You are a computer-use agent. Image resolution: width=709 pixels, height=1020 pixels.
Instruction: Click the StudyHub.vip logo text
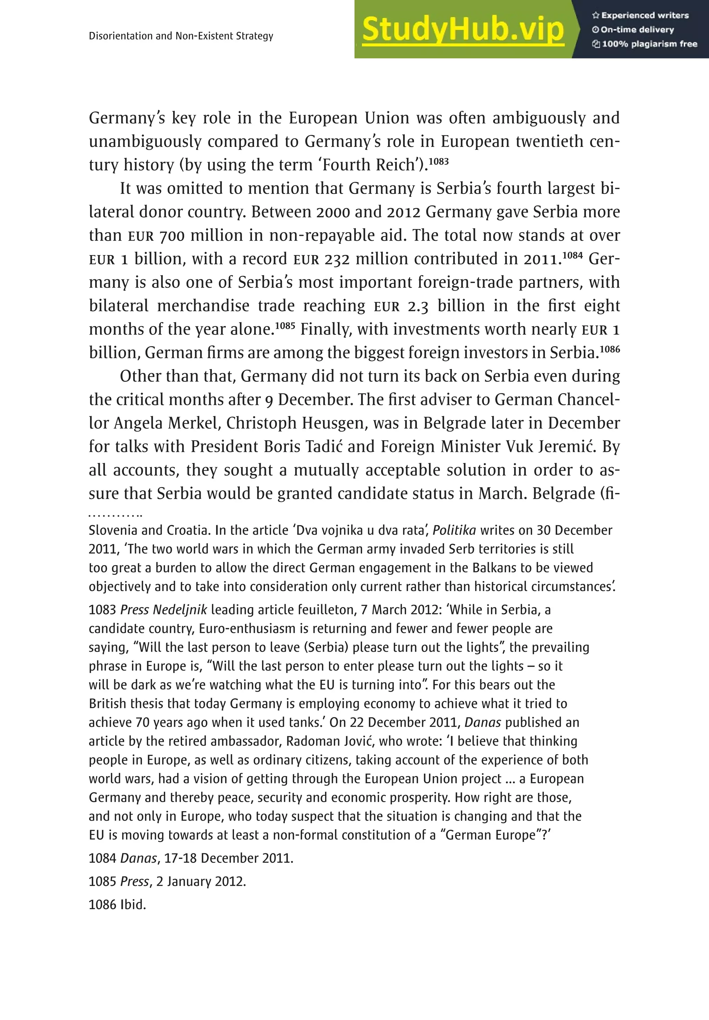[x=463, y=30]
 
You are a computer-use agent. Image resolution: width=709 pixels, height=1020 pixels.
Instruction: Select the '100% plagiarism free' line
[x=645, y=44]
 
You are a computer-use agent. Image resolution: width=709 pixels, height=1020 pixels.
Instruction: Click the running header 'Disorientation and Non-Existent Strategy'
[x=181, y=36]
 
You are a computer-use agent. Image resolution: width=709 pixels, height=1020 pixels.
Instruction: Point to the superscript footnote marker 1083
[x=439, y=161]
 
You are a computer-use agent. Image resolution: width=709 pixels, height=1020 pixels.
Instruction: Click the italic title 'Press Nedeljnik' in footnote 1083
[x=163, y=609]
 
